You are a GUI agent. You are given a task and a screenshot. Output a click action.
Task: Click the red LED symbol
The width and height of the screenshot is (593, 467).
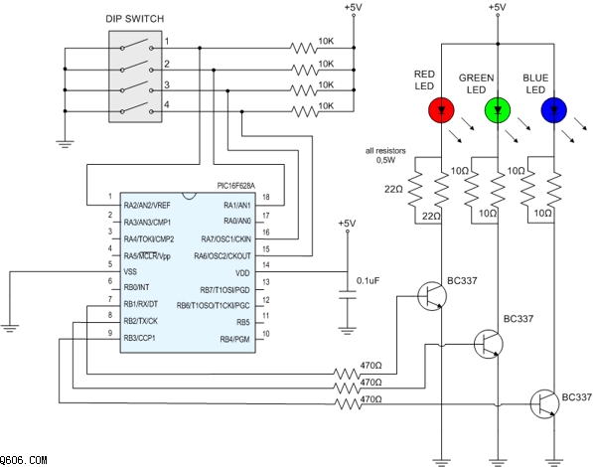click(441, 110)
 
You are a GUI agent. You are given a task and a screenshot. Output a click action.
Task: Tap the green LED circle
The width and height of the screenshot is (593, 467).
click(498, 110)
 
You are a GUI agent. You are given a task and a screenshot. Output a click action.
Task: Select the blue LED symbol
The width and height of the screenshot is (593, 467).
click(553, 110)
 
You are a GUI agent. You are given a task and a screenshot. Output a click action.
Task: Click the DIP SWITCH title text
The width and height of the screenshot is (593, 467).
click(135, 19)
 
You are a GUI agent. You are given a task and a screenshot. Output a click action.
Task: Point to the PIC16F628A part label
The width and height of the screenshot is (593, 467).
click(236, 186)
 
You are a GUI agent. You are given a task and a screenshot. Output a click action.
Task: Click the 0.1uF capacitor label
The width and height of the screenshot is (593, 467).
click(368, 281)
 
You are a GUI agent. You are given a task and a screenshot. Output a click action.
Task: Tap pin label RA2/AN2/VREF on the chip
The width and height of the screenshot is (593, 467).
click(147, 205)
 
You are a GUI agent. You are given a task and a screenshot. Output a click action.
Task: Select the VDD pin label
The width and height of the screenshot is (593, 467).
click(242, 273)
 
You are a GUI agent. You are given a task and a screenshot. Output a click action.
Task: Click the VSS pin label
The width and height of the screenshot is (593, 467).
click(130, 271)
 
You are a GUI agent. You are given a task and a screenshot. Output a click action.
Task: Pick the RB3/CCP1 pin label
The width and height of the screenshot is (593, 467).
click(139, 338)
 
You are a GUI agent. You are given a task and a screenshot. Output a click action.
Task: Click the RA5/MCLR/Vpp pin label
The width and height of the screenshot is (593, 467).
click(147, 255)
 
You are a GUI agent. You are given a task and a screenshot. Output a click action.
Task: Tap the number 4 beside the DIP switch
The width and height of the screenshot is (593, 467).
click(167, 105)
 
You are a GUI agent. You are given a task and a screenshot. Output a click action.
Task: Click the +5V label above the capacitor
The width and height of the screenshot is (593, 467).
click(348, 224)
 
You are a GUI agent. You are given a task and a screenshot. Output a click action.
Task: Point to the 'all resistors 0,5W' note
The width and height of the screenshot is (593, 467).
click(385, 155)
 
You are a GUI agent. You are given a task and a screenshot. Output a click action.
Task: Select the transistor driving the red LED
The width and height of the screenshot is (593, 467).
click(432, 296)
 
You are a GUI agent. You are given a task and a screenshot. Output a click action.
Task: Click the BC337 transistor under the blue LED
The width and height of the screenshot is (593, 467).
click(544, 403)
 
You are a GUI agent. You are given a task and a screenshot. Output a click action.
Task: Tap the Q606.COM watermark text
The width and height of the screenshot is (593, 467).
click(24, 460)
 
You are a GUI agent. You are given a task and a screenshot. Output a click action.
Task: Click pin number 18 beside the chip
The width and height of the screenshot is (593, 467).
click(266, 197)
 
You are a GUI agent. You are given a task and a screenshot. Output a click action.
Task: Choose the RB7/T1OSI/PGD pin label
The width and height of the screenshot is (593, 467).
click(225, 290)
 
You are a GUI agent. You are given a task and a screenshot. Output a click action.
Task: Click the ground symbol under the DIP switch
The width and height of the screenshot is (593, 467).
click(65, 144)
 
